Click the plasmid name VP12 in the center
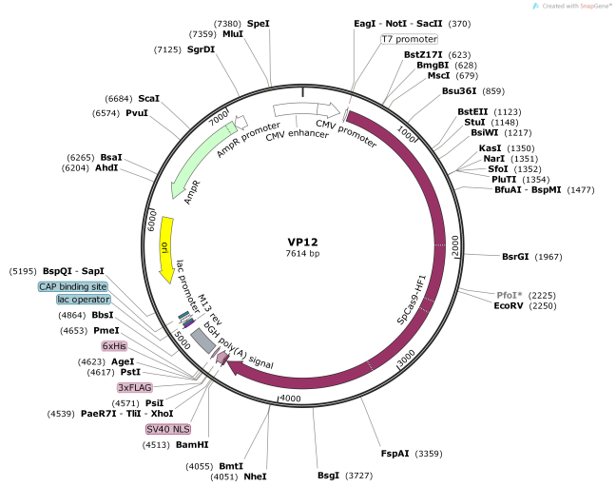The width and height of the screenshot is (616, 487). coord(304,242)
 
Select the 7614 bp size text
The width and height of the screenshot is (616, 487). coord(304,254)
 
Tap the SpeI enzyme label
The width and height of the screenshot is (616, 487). coord(258,22)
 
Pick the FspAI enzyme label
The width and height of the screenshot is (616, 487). coord(396,453)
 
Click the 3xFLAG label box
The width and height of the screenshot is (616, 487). coord(134,388)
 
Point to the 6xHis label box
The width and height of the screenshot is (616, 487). coord(115,346)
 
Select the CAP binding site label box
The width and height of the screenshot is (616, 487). coord(72,286)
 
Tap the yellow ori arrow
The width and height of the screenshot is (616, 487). coord(167,249)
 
